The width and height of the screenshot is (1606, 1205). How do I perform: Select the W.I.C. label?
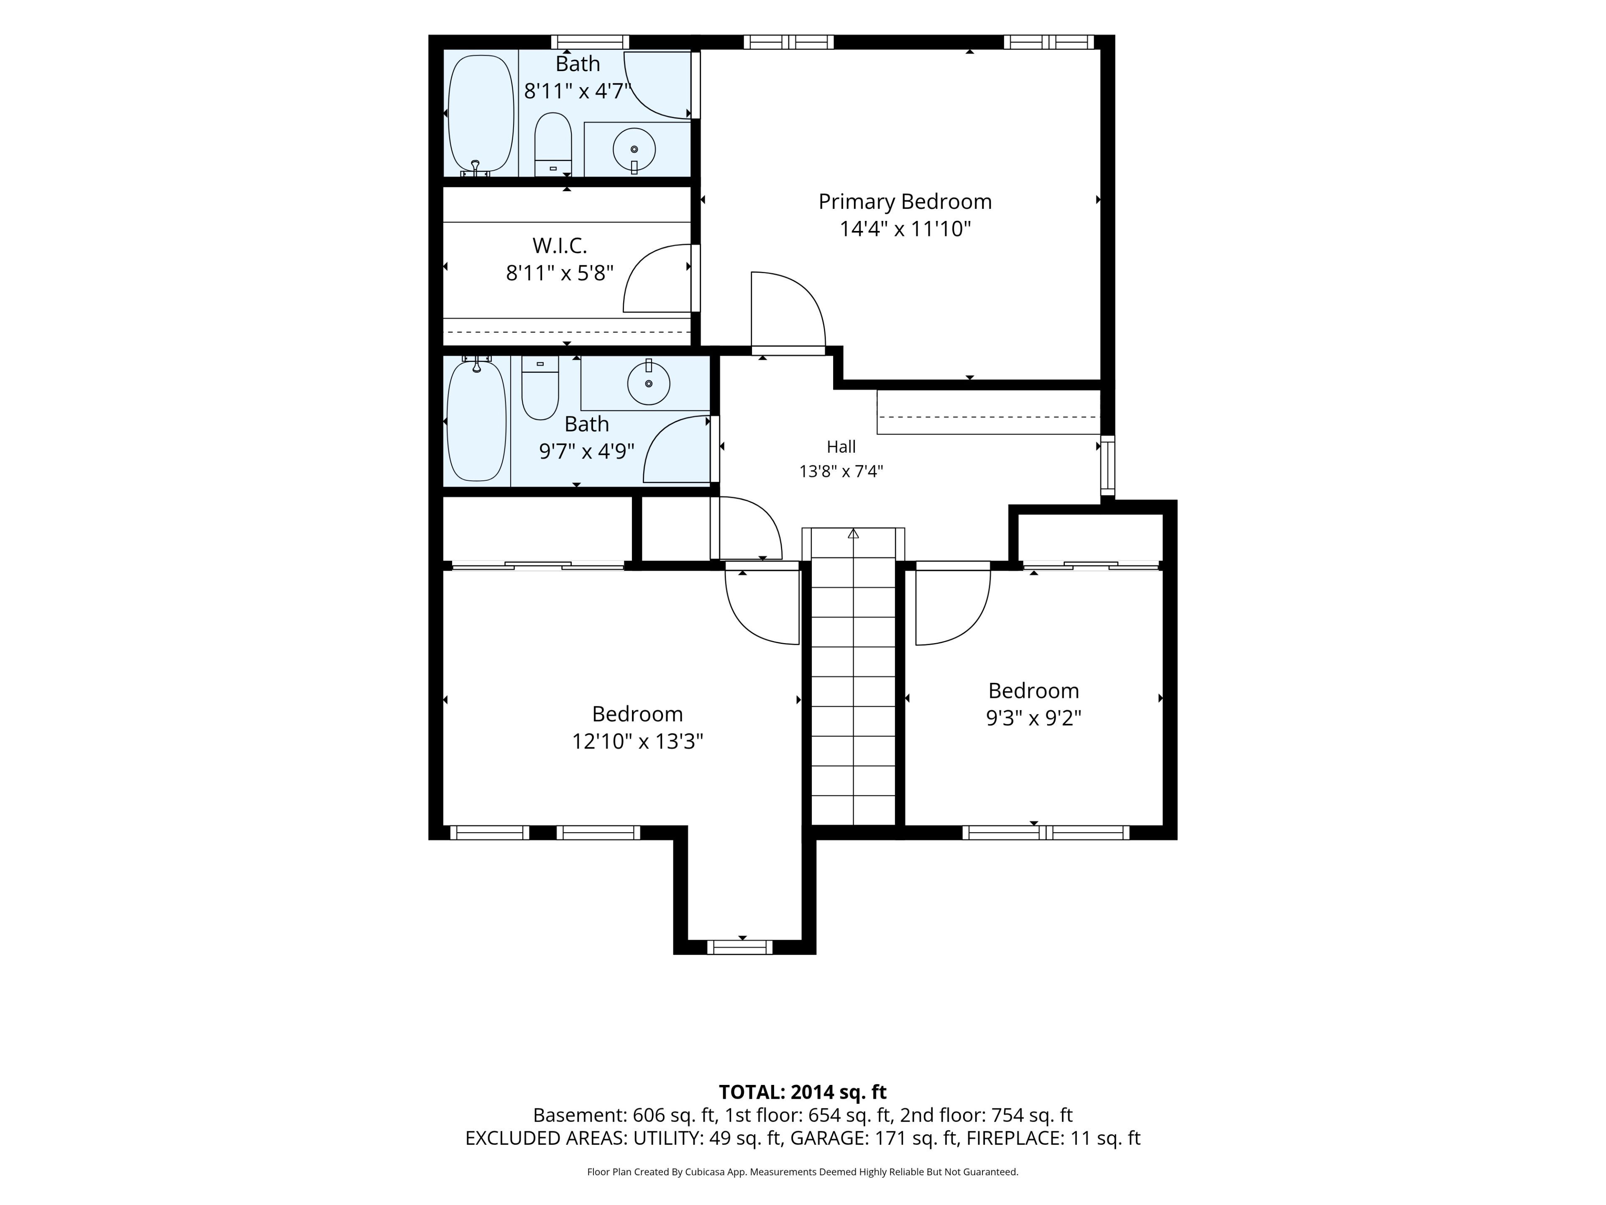(x=560, y=246)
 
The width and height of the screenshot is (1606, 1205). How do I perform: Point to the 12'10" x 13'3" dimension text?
(x=637, y=741)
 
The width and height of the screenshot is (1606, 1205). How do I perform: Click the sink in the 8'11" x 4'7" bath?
(x=634, y=150)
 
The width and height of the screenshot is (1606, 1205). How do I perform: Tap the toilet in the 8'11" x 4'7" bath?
(x=553, y=144)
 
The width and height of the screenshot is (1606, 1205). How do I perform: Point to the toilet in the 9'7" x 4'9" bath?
(x=540, y=387)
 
